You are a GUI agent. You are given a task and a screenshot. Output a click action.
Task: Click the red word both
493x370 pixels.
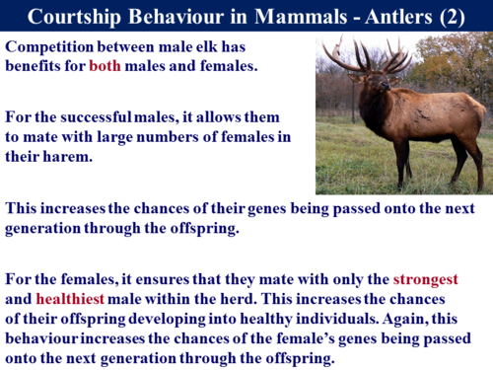point(106,66)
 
